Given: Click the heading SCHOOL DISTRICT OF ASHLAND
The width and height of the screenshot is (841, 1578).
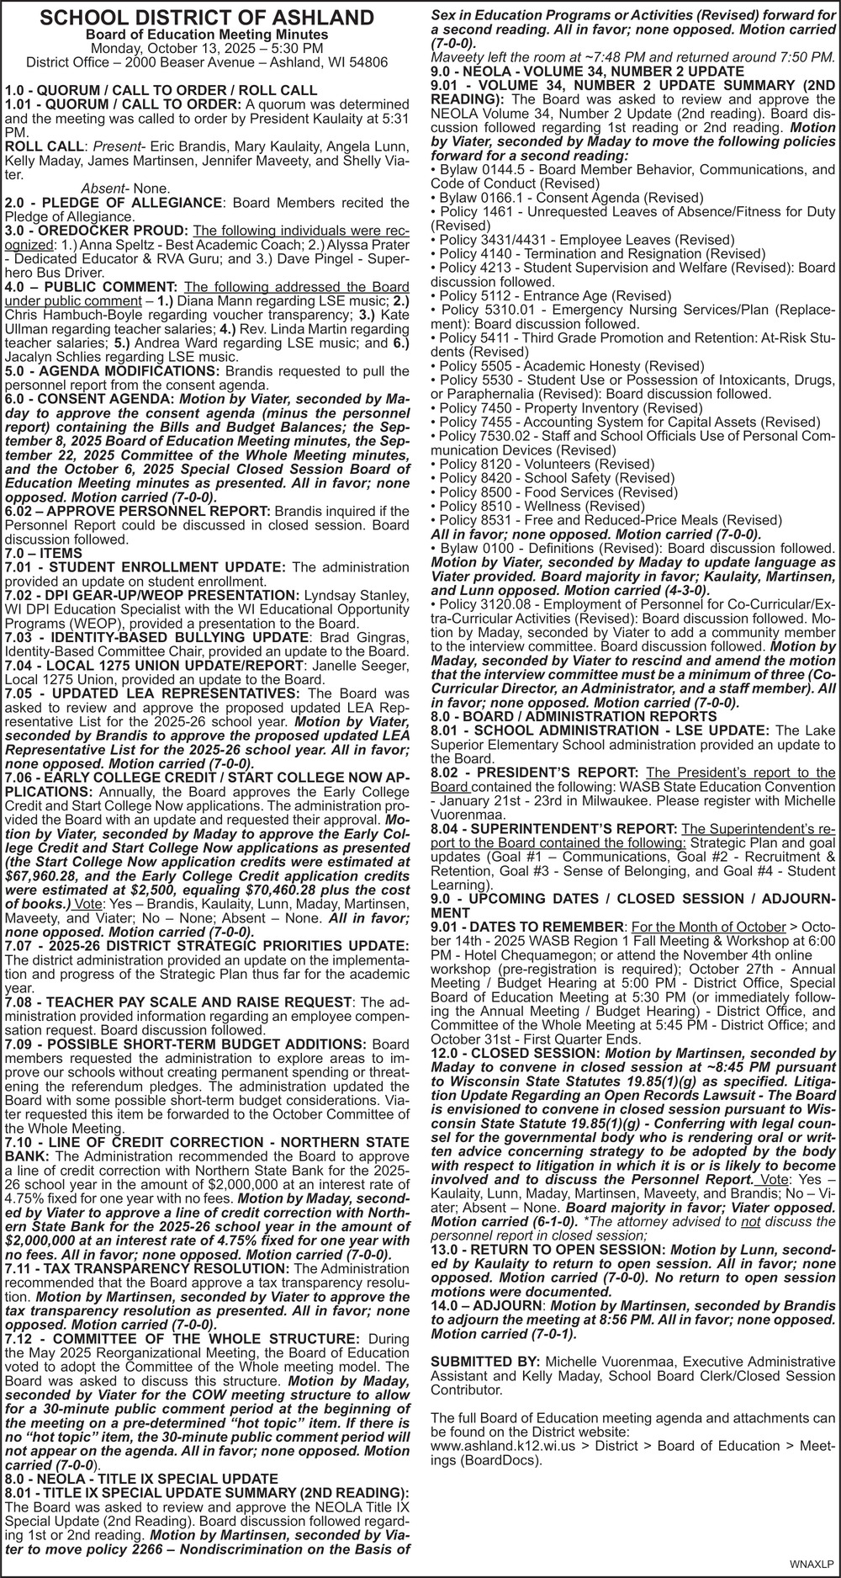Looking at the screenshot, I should [x=206, y=18].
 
